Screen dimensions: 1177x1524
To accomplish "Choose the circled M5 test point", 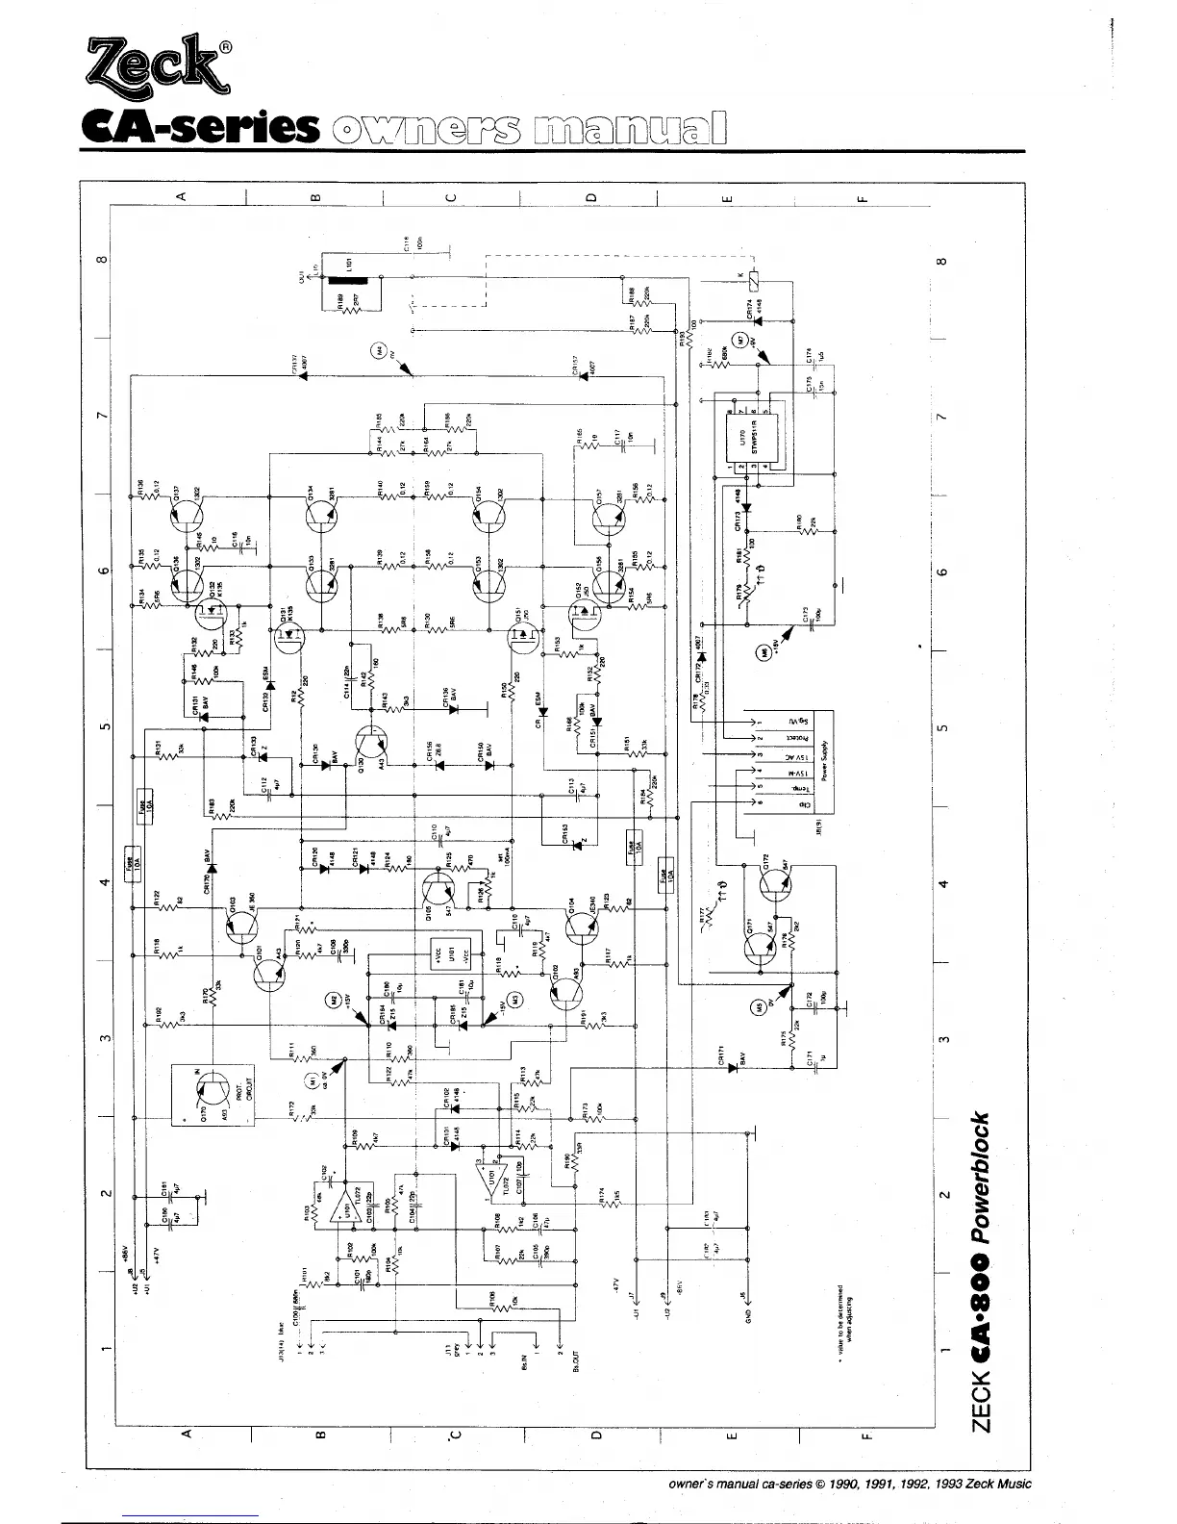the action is point(759,1007).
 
